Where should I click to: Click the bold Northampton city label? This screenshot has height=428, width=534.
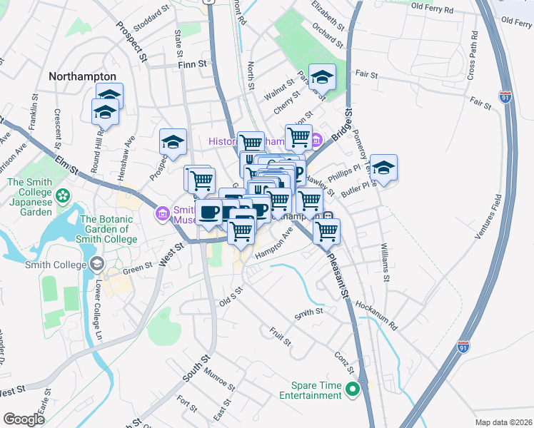(x=82, y=76)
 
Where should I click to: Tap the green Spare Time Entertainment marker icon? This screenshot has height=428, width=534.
(x=352, y=389)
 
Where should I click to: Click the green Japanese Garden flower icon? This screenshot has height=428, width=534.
(x=64, y=194)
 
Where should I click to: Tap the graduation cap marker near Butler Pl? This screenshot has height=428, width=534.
(x=383, y=168)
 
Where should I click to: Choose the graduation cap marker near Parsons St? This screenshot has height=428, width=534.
(x=323, y=76)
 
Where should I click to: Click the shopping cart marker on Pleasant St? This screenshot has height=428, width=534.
(x=326, y=230)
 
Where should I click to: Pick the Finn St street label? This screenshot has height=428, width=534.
(x=191, y=64)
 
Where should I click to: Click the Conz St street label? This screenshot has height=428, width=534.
(x=345, y=361)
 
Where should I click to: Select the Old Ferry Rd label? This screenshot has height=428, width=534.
(x=442, y=9)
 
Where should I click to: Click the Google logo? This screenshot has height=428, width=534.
(x=24, y=419)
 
